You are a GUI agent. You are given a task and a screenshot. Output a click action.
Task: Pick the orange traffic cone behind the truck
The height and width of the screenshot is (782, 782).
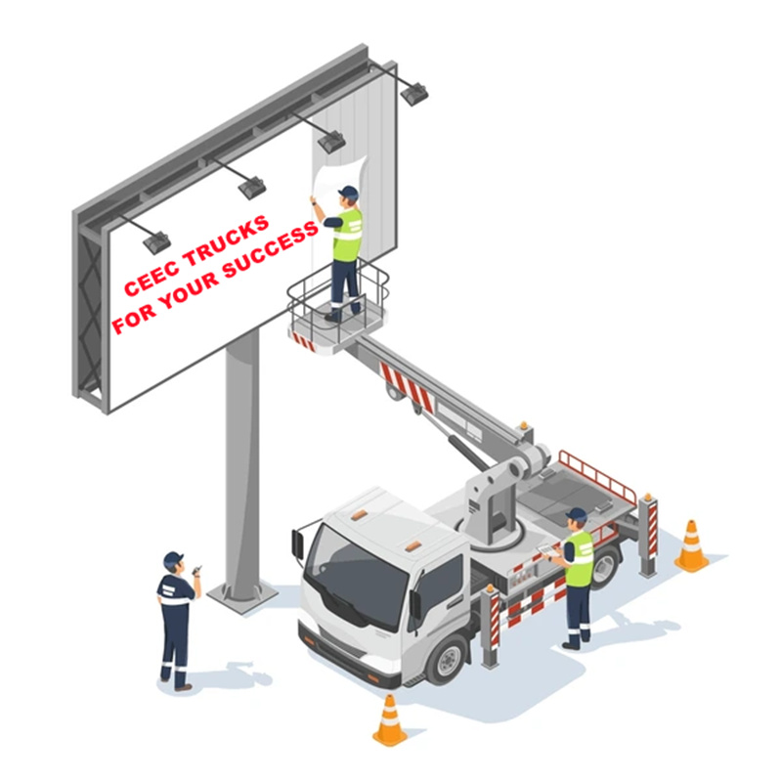(x=691, y=546)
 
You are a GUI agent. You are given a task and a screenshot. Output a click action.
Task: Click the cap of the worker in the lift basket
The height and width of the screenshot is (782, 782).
(x=348, y=192)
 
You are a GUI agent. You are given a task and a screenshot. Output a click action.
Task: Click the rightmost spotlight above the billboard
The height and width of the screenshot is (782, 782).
(x=413, y=94)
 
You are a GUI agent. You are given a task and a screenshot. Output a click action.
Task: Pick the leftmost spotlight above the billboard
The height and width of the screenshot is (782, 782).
(x=155, y=241)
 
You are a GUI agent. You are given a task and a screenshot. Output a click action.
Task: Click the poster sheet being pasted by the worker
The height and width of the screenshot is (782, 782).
(x=324, y=181)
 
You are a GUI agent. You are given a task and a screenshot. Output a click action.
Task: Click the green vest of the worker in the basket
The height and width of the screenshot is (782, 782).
(x=347, y=236)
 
